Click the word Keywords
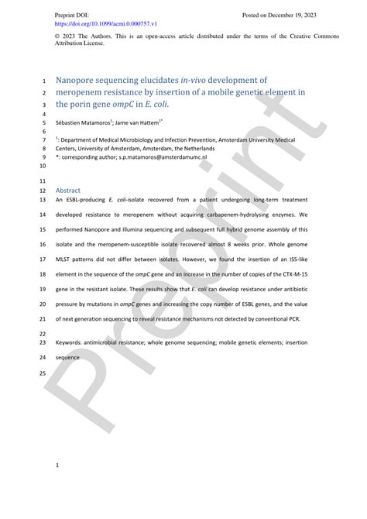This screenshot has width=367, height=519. (x=72, y=342)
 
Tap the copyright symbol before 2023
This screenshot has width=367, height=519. (x=58, y=36)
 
